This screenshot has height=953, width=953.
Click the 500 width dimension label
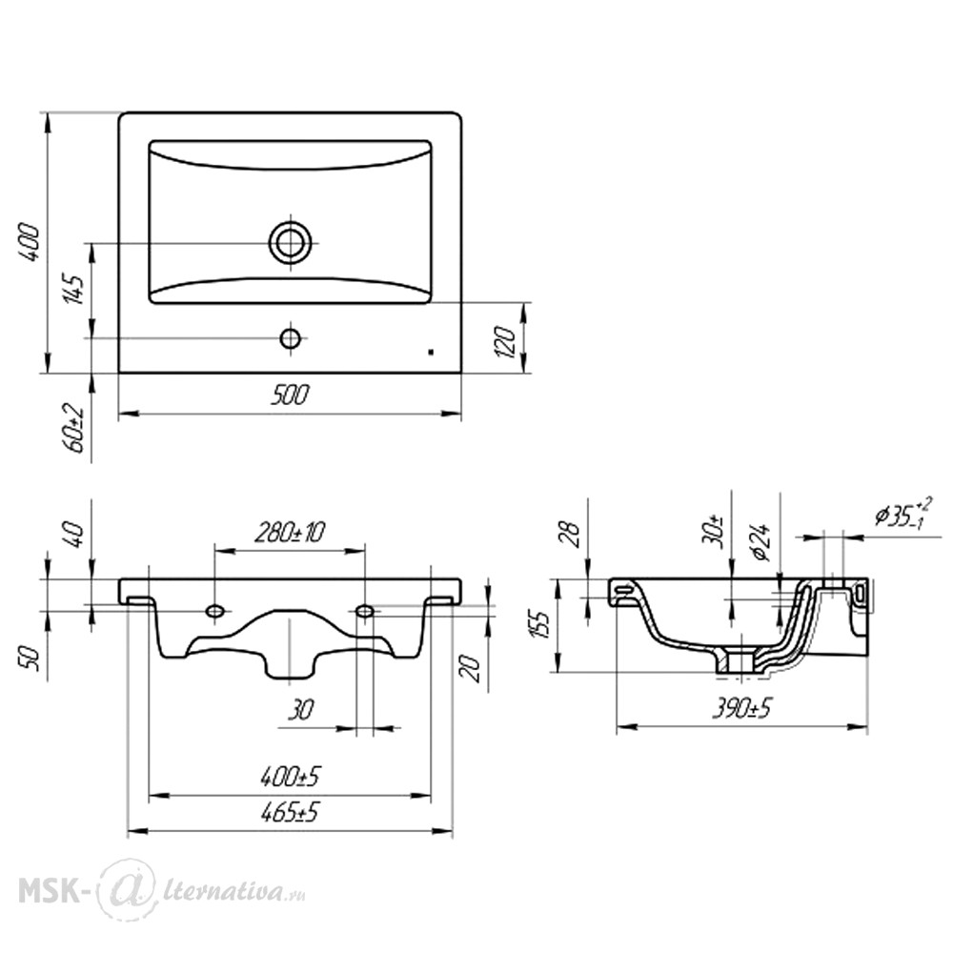pos(290,395)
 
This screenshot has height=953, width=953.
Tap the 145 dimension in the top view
pos(72,290)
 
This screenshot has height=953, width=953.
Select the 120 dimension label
pos(506,341)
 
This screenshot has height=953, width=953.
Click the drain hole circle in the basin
pos(291,242)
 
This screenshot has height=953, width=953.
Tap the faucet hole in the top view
pos(291,338)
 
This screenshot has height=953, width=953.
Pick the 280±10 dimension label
pos(290,533)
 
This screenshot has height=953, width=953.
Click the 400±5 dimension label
pos(290,776)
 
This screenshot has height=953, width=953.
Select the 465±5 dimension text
pos(290,812)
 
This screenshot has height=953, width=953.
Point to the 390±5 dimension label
pos(741,707)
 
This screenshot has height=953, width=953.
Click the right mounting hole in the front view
pos(364,610)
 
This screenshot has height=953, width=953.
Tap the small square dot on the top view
pos(431,352)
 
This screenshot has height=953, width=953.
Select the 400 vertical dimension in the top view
pos(29,242)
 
